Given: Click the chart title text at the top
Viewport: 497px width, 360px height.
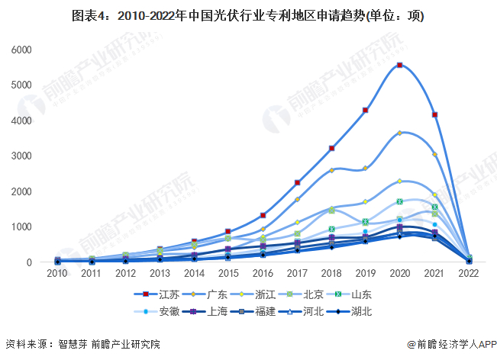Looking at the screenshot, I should coord(248,15).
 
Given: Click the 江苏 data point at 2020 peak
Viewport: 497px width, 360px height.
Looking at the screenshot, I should coord(400,66).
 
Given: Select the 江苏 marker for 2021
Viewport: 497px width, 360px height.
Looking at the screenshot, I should coord(434,115).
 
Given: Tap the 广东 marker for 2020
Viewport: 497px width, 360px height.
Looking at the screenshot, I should coord(400,133).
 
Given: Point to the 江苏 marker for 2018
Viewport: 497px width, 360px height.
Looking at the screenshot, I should coord(331,148).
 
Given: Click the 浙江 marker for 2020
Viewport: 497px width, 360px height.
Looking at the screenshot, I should coord(400,182).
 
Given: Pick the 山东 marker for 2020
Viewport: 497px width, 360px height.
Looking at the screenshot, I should coord(400,202).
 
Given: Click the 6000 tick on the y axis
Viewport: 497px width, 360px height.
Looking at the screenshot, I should coord(21,50).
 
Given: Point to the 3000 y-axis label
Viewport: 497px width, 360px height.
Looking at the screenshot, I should coord(21,156).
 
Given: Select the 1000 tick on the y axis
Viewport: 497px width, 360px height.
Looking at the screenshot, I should coord(21,227).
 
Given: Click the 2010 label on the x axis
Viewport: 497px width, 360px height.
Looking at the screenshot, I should coord(56,273).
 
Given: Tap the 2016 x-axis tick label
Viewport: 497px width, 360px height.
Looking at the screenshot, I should coord(263,273).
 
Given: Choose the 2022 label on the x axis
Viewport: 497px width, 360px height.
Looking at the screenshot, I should coord(469,273).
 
